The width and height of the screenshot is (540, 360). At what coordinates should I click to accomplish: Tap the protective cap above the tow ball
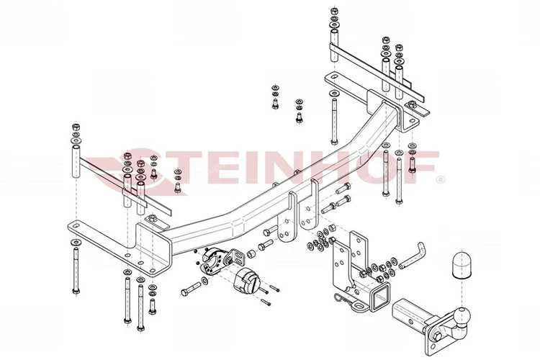tap(461, 264)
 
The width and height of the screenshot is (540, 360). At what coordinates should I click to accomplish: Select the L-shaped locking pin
tap(413, 256)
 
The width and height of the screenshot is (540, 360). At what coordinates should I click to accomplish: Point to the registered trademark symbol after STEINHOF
tap(440, 179)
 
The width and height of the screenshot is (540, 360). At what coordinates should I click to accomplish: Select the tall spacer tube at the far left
tap(76, 161)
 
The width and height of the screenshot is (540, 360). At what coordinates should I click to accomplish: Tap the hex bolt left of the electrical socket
tap(191, 289)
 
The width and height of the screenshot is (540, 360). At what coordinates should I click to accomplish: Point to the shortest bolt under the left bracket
tap(152, 307)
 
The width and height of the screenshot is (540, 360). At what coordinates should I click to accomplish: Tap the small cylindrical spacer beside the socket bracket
tap(251, 255)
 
